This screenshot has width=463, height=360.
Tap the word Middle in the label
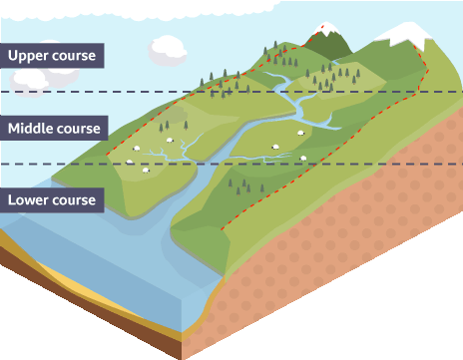[x=29, y=129]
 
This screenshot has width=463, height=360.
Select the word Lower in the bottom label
[x=28, y=199]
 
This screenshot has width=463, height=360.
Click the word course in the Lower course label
[x=74, y=200]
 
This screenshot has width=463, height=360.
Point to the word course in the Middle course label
[x=79, y=129]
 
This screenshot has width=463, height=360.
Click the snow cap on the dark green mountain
[x=326, y=28]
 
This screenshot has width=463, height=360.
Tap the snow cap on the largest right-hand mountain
[x=406, y=33]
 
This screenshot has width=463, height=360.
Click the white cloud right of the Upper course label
[x=167, y=51]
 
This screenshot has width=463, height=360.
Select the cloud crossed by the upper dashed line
[x=28, y=83]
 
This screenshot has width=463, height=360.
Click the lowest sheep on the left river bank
[x=146, y=171]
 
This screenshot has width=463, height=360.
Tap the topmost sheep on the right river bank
[x=300, y=133]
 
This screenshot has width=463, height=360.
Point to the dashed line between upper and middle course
[x=231, y=92]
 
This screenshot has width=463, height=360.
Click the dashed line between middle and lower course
[x=231, y=164]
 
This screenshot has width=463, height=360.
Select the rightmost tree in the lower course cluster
[x=262, y=188]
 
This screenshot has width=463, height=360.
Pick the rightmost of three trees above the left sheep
[x=186, y=126]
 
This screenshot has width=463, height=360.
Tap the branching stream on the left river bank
[x=173, y=152]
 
